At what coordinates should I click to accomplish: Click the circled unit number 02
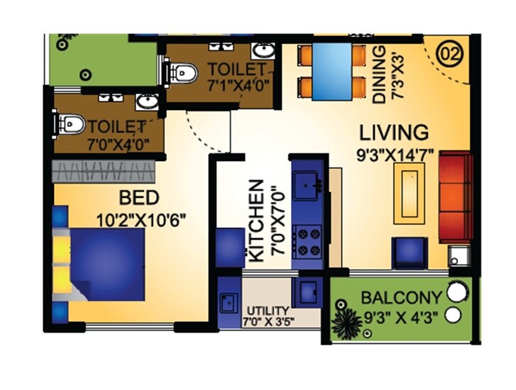tap(449, 53)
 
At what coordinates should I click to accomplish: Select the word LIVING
tap(394, 132)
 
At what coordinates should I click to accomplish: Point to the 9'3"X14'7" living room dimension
tap(397, 154)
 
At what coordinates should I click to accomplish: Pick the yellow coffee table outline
tap(411, 193)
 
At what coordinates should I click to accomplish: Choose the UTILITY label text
tap(268, 311)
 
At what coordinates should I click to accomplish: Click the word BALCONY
tap(401, 297)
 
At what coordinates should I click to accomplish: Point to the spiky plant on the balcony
tap(346, 323)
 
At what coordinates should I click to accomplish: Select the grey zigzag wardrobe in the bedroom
tap(105, 170)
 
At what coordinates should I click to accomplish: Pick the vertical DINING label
tap(381, 76)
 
